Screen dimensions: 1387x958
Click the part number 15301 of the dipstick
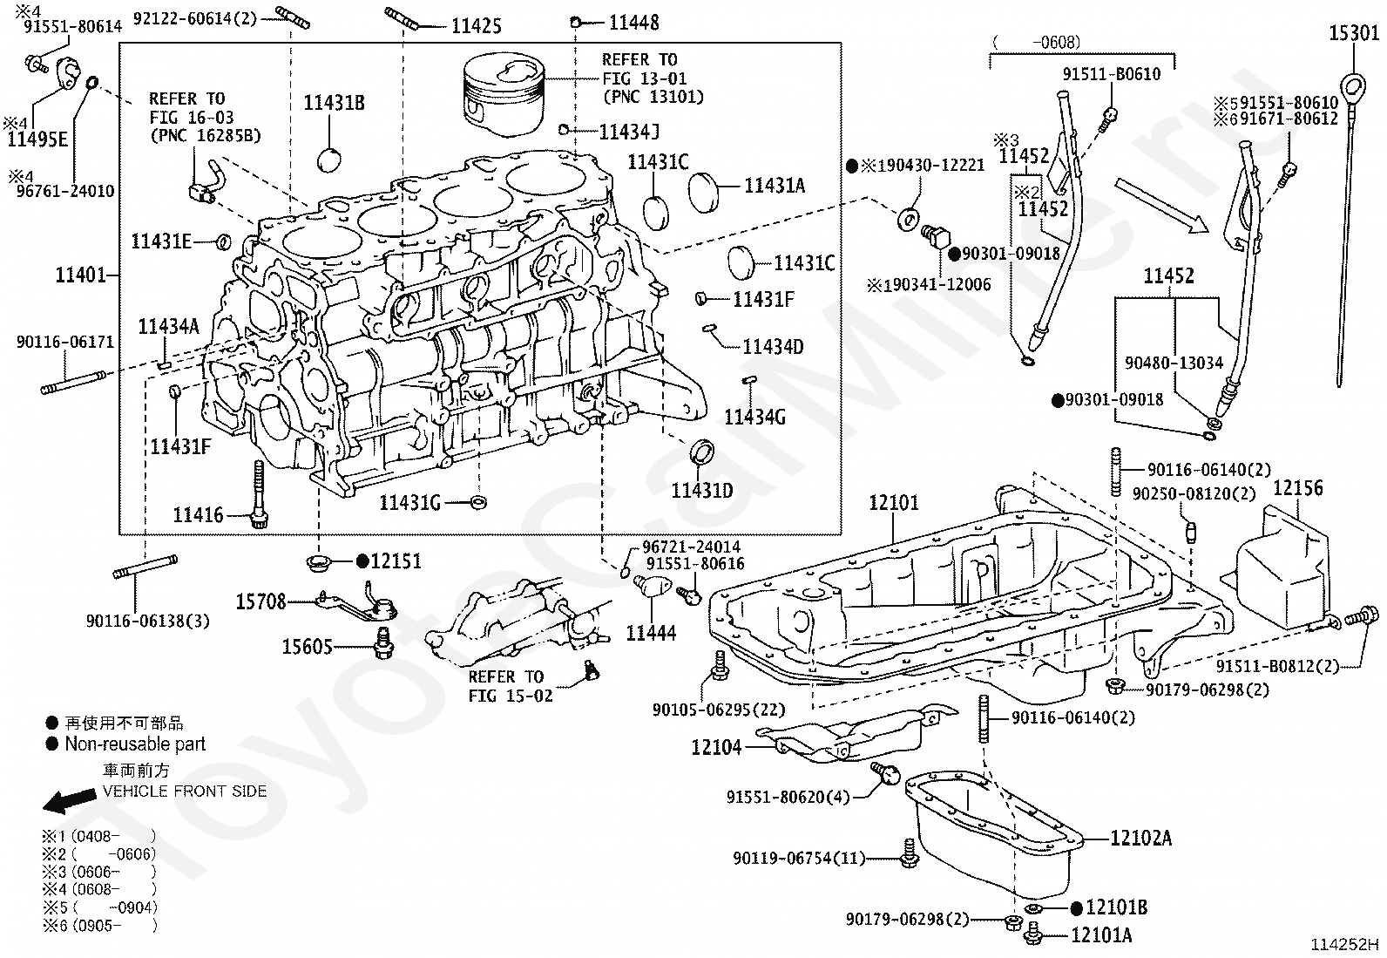click(x=1354, y=33)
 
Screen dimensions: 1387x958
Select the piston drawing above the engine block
click(x=504, y=93)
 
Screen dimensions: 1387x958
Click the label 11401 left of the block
click(x=80, y=275)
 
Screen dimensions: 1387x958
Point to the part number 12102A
click(x=1140, y=838)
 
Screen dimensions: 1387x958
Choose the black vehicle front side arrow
click(x=70, y=801)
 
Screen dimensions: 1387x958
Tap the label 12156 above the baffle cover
click(x=1298, y=487)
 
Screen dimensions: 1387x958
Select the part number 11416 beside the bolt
click(x=198, y=514)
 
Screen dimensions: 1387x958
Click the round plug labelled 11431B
click(x=329, y=160)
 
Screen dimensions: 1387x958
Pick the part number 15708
click(x=260, y=601)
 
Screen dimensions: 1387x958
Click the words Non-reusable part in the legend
click(x=135, y=744)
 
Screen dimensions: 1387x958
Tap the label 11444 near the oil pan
click(x=651, y=633)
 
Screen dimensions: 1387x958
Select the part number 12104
click(x=716, y=747)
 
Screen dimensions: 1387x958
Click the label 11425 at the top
click(x=477, y=26)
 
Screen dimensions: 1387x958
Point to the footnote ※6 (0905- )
click(x=99, y=926)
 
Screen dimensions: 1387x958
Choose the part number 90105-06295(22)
click(x=719, y=710)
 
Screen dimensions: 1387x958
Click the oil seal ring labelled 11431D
click(x=701, y=452)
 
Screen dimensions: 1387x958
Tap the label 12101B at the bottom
click(x=1116, y=907)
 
